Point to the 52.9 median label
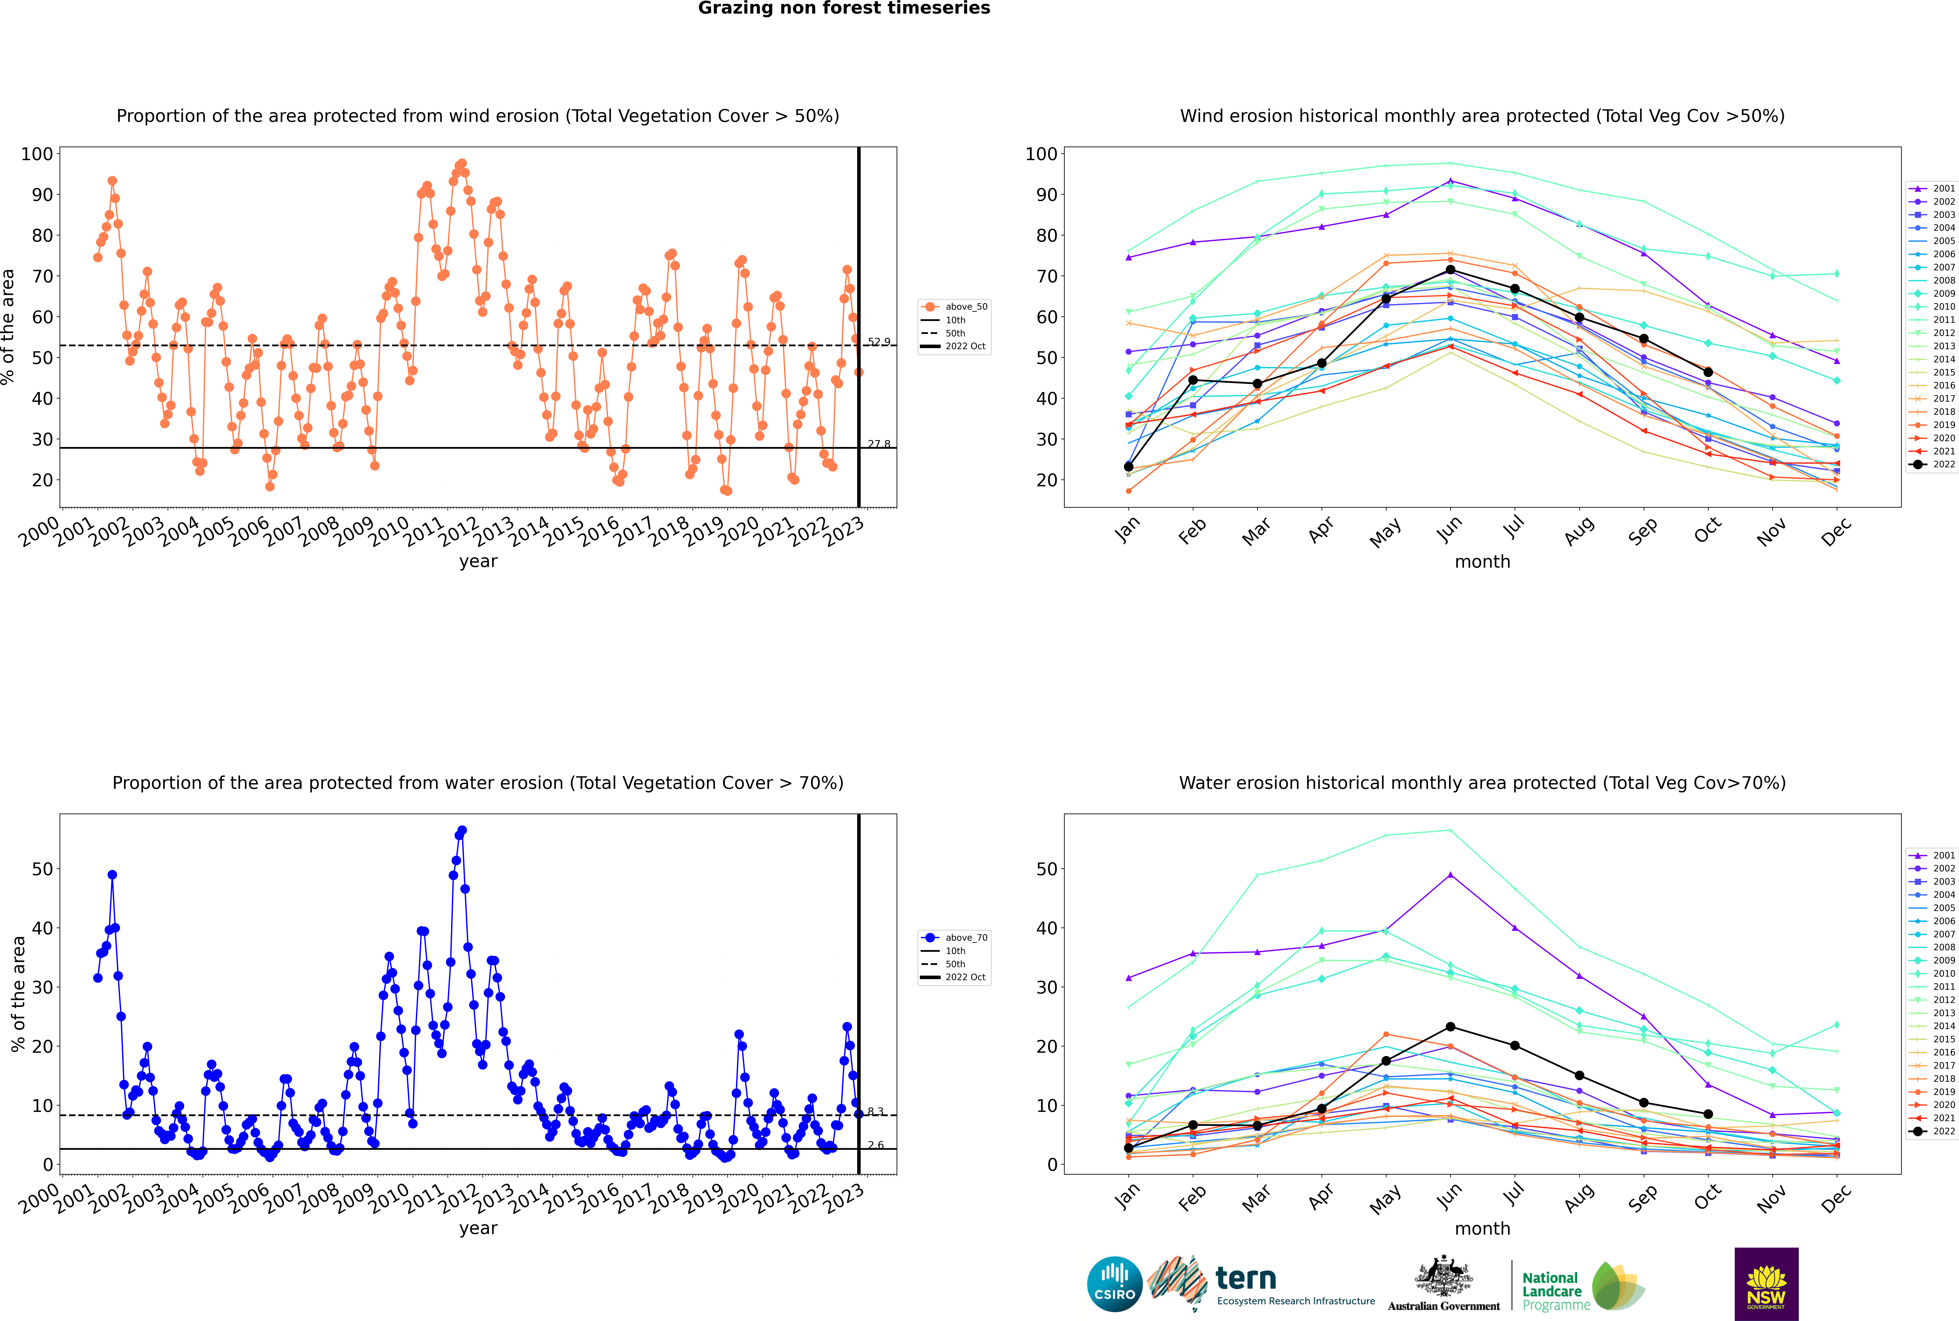(x=878, y=342)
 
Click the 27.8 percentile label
(x=878, y=444)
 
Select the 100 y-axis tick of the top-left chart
(x=37, y=154)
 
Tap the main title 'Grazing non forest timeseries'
(x=844, y=8)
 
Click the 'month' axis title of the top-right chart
(x=1482, y=562)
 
